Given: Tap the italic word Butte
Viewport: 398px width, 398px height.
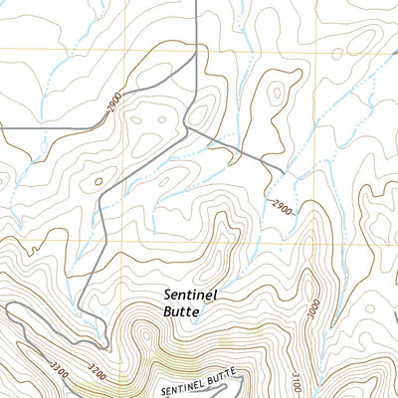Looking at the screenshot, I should point(183,311).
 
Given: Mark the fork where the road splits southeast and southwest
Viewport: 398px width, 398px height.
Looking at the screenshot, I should point(190,127).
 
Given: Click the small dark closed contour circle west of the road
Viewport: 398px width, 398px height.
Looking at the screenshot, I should point(98,181).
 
